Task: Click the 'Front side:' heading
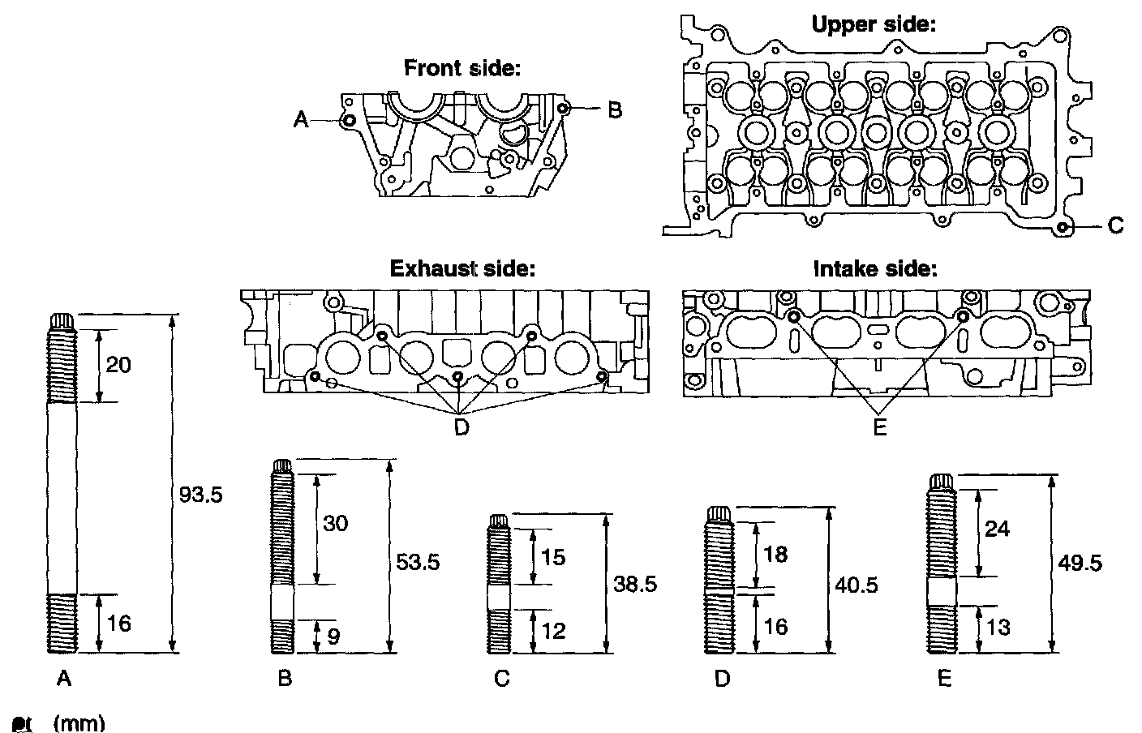pyautogui.click(x=462, y=68)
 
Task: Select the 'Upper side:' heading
pyautogui.click(x=874, y=24)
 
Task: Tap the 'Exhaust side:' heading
pyautogui.click(x=462, y=268)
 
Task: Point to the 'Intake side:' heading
pyautogui.click(x=874, y=268)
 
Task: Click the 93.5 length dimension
pyautogui.click(x=200, y=493)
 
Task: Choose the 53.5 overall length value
pyautogui.click(x=418, y=561)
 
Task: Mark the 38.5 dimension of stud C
pyautogui.click(x=634, y=584)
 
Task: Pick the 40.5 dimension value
pyautogui.click(x=856, y=585)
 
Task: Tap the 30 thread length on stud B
pyautogui.click(x=335, y=523)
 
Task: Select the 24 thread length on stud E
pyautogui.click(x=997, y=528)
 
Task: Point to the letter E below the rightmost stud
pyautogui.click(x=944, y=679)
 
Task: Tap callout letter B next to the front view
pyautogui.click(x=614, y=109)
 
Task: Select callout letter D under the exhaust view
pyautogui.click(x=461, y=427)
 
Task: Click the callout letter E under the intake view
pyautogui.click(x=879, y=427)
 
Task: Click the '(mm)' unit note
pyautogui.click(x=79, y=723)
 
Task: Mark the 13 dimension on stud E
pyautogui.click(x=999, y=628)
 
